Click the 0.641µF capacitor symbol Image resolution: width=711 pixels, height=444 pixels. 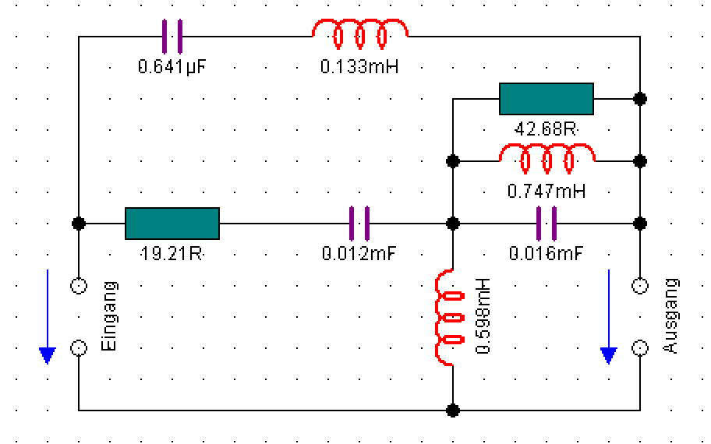coord(172,36)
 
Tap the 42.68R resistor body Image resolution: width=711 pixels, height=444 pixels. coord(546,99)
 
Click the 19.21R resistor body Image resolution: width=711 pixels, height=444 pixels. coord(172,223)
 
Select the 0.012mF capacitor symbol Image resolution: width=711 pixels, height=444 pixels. coord(359,223)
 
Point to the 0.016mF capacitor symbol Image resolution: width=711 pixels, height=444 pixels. coord(547,223)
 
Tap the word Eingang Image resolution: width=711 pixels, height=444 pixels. coord(109,315)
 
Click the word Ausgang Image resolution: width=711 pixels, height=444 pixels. coord(670,315)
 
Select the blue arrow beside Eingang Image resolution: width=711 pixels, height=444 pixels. coord(48,316)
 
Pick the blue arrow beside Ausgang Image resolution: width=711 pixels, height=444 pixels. coord(608,316)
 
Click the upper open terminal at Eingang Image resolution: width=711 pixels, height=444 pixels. coord(79,286)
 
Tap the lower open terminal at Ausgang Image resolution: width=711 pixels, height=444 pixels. coord(640,347)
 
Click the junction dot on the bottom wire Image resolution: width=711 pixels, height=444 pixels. coord(453,410)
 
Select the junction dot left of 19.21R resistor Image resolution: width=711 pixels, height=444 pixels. coord(79,223)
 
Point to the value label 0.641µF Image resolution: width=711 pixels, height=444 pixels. coord(172,67)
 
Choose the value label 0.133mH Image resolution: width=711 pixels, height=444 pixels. coord(359,67)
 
